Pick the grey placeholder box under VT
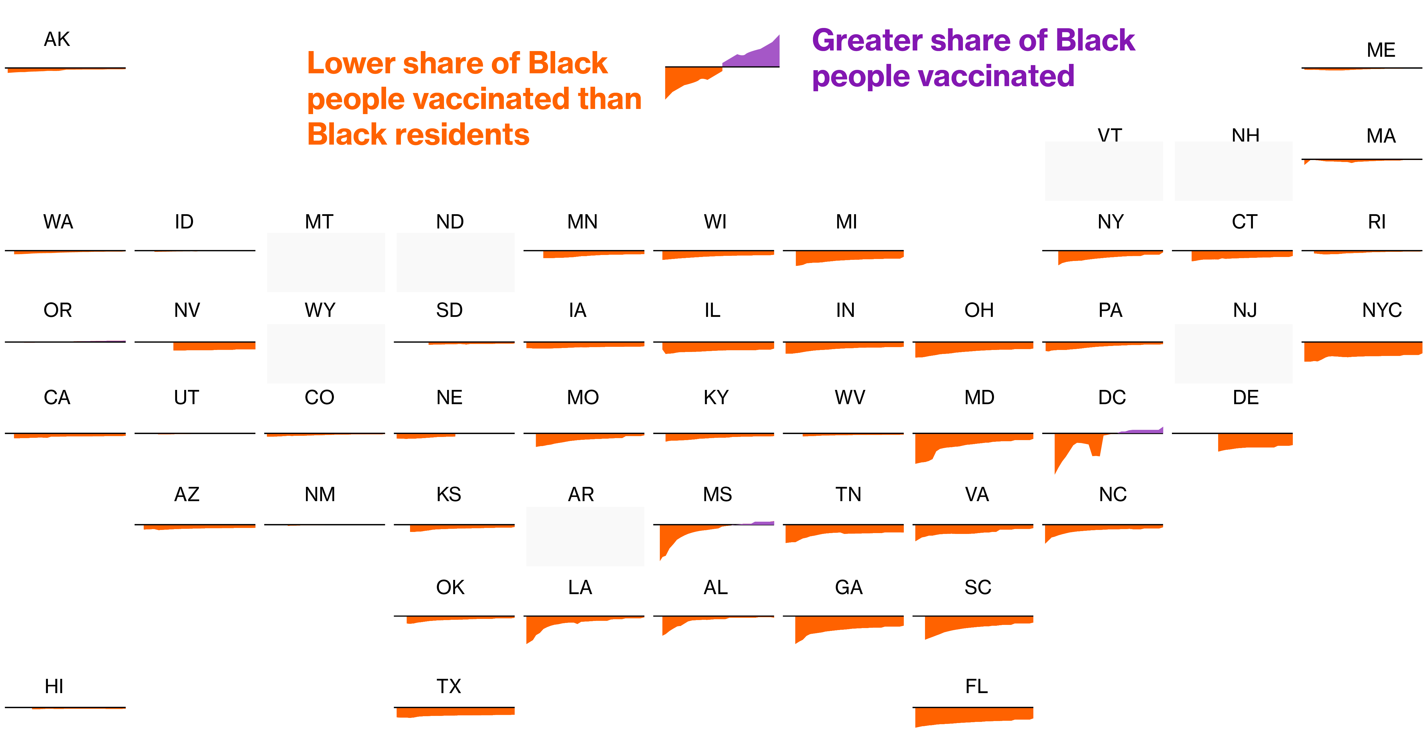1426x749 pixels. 1104,171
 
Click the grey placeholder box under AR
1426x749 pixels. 585,537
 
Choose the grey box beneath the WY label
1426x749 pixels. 326,354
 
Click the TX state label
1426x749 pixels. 449,687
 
